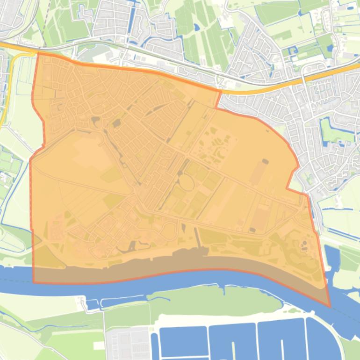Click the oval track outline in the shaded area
tap(186, 183)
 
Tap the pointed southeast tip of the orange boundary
tap(330, 307)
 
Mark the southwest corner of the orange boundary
tap(34, 282)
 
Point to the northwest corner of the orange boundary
tap(37, 53)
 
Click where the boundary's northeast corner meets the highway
tap(220, 91)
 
